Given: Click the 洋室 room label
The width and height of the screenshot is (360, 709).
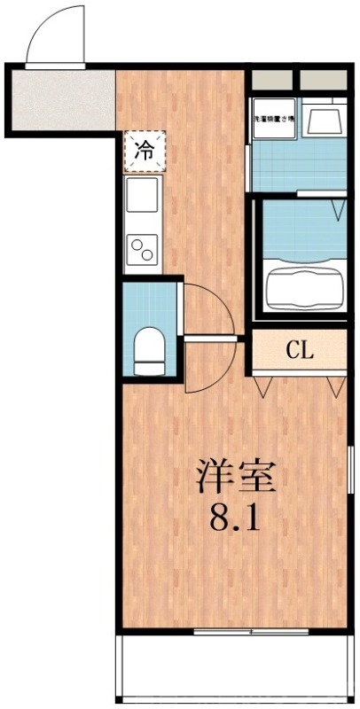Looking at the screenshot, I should point(236,479).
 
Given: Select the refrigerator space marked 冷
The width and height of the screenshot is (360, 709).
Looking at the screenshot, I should point(143,150).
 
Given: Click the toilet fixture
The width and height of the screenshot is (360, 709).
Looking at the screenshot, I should point(149,349).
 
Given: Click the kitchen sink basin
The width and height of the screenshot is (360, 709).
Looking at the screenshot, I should point(142,195).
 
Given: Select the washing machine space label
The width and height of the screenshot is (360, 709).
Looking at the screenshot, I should point(277,119).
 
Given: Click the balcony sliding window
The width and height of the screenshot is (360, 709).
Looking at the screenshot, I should point(250,632).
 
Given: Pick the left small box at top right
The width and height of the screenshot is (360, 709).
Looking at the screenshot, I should point(271,80).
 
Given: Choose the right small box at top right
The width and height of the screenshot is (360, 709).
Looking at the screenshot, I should point(322,80).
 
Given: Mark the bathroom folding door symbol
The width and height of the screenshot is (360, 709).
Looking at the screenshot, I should point(338,207).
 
